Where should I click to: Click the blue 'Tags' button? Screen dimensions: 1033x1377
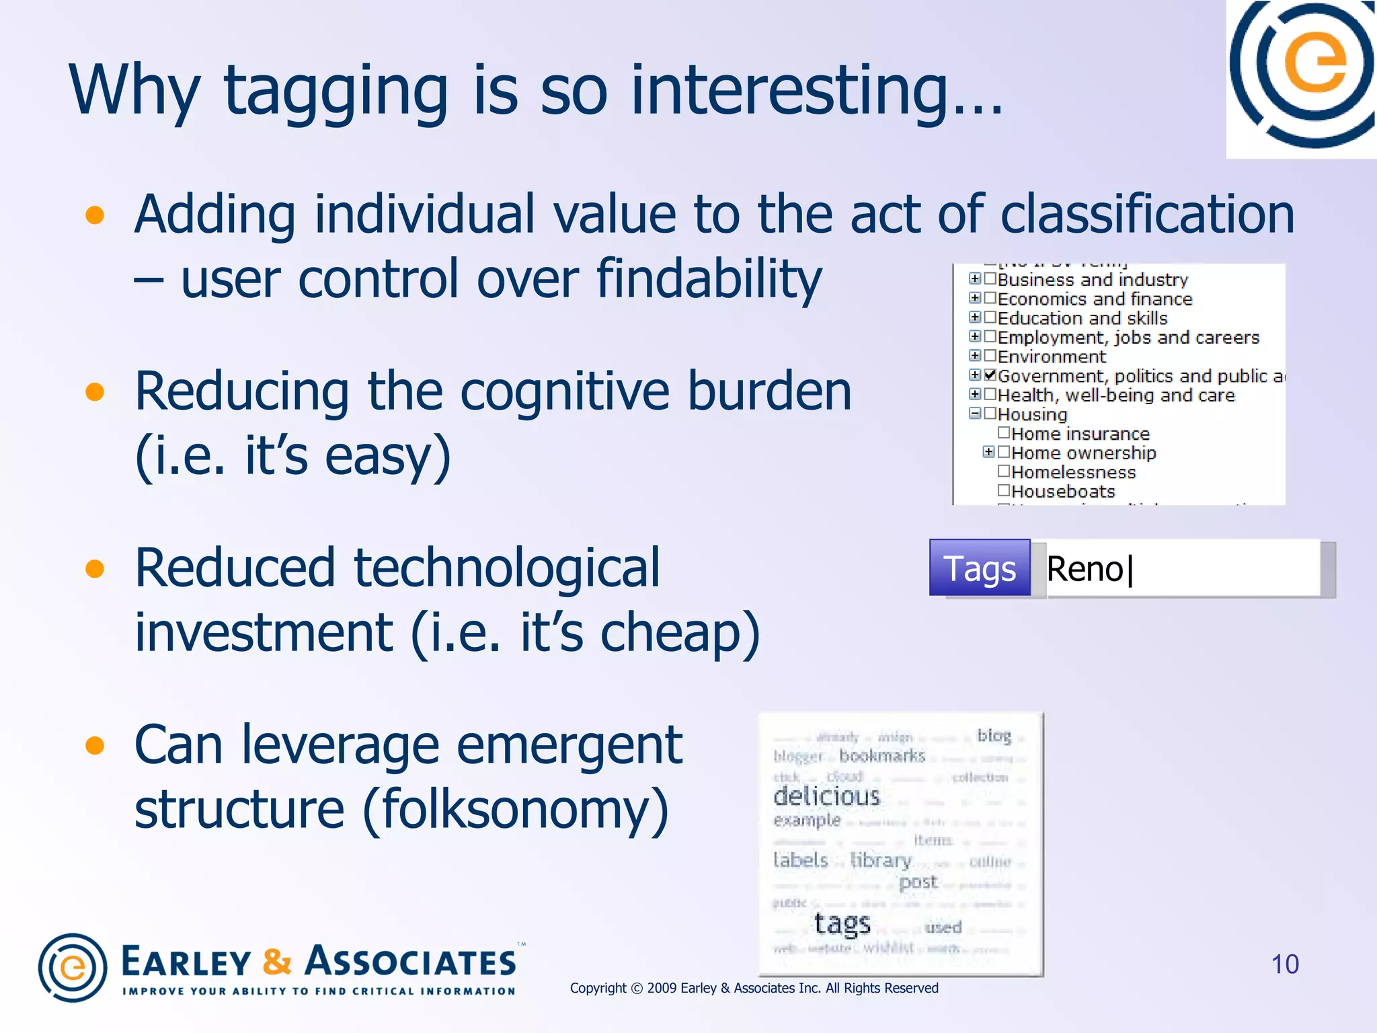pos(979,569)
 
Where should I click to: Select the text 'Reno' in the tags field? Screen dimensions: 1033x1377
pos(1085,570)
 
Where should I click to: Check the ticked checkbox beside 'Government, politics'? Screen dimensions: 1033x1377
pos(990,375)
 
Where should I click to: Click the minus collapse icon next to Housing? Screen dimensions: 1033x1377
pos(975,414)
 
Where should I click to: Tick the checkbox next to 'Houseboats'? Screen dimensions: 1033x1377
pos(1004,490)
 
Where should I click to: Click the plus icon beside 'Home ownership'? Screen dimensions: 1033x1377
pos(988,452)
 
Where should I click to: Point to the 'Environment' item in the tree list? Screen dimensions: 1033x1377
pos(1051,356)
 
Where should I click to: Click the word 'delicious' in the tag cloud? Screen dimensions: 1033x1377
pos(826,797)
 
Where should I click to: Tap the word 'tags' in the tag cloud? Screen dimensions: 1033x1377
pos(842,924)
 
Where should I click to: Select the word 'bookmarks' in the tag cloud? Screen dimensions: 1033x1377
pos(882,756)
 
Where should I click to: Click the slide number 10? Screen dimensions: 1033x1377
pos(1284,964)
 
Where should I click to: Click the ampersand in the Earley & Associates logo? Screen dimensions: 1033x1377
pos(276,962)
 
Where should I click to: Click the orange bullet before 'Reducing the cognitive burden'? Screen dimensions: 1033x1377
pos(95,391)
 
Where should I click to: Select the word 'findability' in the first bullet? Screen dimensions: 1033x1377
pos(709,279)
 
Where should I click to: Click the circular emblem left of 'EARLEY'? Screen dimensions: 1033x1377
pos(73,968)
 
